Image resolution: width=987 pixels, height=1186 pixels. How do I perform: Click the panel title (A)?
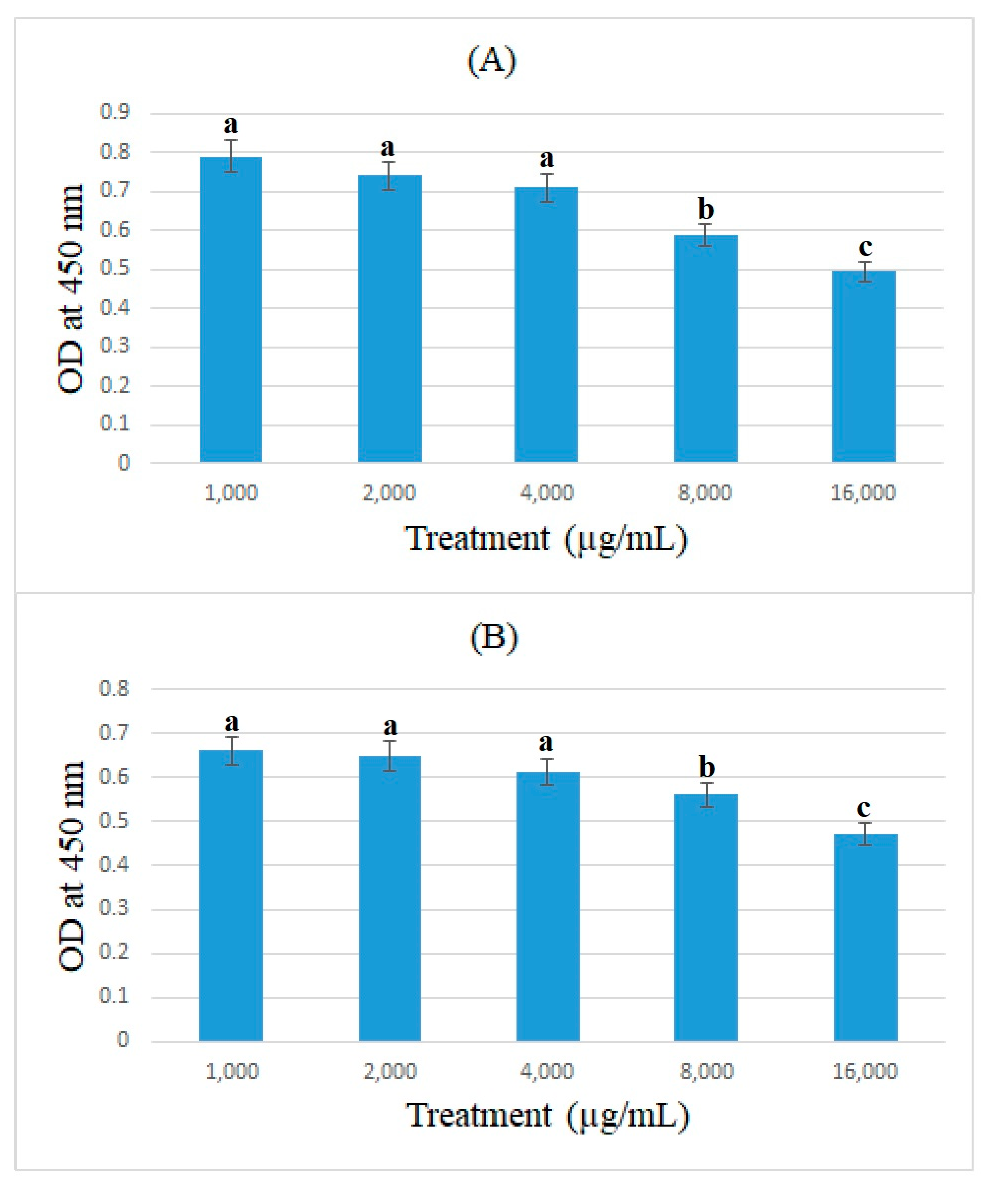pos(492,61)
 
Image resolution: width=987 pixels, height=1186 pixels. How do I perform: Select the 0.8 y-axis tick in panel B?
pos(115,688)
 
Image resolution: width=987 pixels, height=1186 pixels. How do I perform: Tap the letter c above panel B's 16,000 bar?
pos(863,808)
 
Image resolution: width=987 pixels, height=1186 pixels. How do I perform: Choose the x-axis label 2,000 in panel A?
pos(388,493)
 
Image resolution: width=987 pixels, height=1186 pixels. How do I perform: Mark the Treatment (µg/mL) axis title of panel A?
pos(546,539)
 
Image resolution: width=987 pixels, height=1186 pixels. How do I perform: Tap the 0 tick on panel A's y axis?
pos(124,463)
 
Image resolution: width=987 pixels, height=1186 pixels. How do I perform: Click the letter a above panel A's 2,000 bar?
pos(387,148)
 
